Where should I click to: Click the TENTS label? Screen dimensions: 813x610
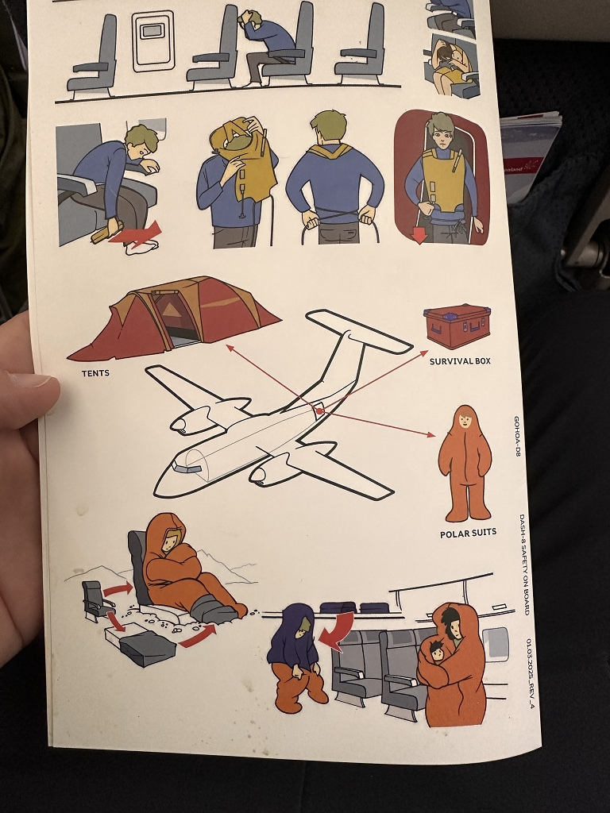95,373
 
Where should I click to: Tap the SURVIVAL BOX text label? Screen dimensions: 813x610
460,361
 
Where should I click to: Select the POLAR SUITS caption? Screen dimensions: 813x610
468,534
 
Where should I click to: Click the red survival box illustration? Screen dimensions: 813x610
457,326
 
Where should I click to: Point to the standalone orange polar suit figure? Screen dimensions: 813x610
465,461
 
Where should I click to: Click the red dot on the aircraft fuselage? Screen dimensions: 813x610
319,411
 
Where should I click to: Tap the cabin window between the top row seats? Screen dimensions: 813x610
152,40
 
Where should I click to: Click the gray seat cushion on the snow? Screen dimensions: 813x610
148,648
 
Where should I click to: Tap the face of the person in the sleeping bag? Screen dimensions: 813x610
170,542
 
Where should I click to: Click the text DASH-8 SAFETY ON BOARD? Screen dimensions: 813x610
524,564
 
